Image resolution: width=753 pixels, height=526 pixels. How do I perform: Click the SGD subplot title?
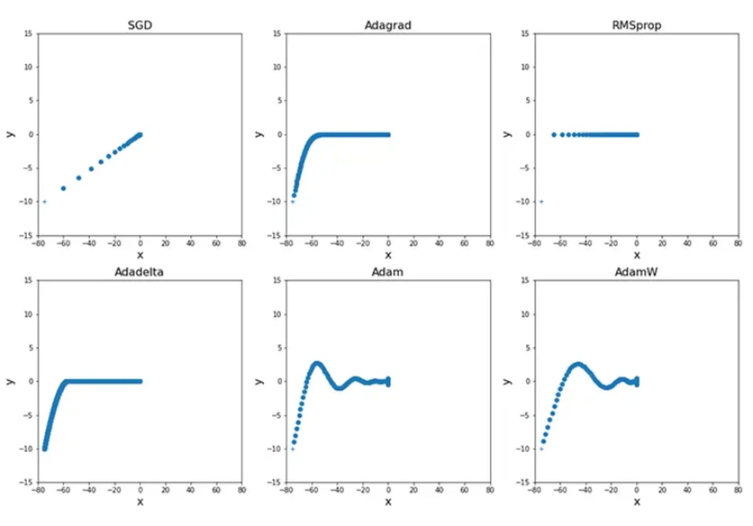(140, 25)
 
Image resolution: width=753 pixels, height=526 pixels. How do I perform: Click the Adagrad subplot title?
(388, 25)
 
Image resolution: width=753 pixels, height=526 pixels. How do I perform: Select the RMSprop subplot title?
(637, 25)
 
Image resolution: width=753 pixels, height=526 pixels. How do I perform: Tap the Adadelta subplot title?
(139, 272)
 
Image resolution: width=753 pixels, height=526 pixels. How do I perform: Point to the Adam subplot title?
(387, 272)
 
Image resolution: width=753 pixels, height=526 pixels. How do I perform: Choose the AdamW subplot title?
(636, 272)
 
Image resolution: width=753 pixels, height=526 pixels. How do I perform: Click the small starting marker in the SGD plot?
(45, 202)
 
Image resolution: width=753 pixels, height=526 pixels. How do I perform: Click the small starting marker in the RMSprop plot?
(542, 202)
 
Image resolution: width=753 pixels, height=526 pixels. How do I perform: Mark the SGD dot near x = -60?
(64, 189)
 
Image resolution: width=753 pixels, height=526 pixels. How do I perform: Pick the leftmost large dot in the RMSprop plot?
(554, 135)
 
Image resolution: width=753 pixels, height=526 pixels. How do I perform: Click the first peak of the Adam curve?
(317, 364)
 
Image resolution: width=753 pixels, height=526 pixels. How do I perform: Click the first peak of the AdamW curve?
(578, 365)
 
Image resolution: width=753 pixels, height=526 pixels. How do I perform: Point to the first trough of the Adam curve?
(339, 388)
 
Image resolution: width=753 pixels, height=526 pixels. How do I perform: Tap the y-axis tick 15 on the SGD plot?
(28, 34)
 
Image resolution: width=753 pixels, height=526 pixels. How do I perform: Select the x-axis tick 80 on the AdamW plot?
(738, 490)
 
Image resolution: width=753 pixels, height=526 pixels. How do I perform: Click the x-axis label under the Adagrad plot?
(388, 256)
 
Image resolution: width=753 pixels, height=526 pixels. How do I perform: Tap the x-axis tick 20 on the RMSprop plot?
(662, 243)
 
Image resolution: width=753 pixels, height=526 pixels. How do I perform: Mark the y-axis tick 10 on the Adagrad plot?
(277, 67)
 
